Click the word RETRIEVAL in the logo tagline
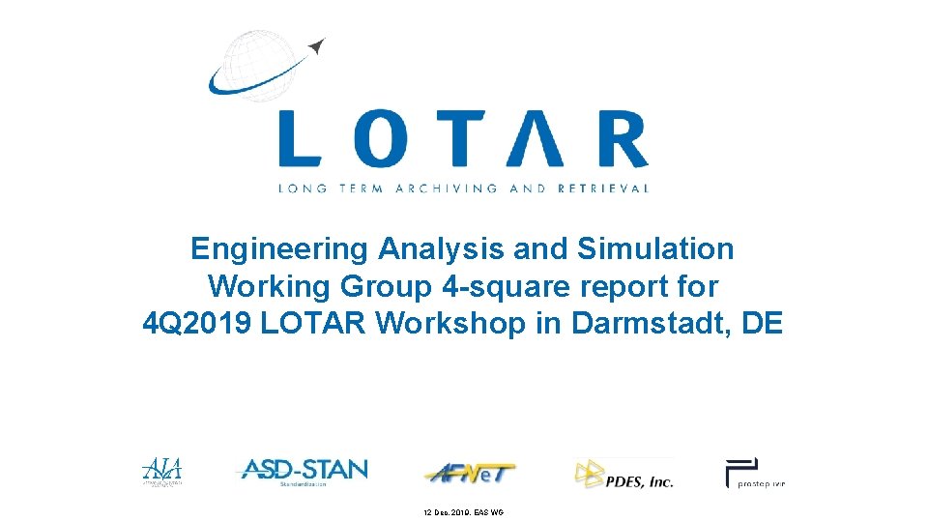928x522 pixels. click(x=603, y=188)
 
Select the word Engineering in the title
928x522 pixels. click(x=279, y=249)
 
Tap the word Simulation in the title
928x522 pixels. click(x=655, y=249)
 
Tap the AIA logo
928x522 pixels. click(x=161, y=471)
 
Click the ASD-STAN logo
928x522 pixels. click(x=303, y=471)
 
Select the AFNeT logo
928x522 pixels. click(x=470, y=473)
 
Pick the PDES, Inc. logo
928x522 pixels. click(x=623, y=474)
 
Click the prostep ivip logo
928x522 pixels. click(x=755, y=473)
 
